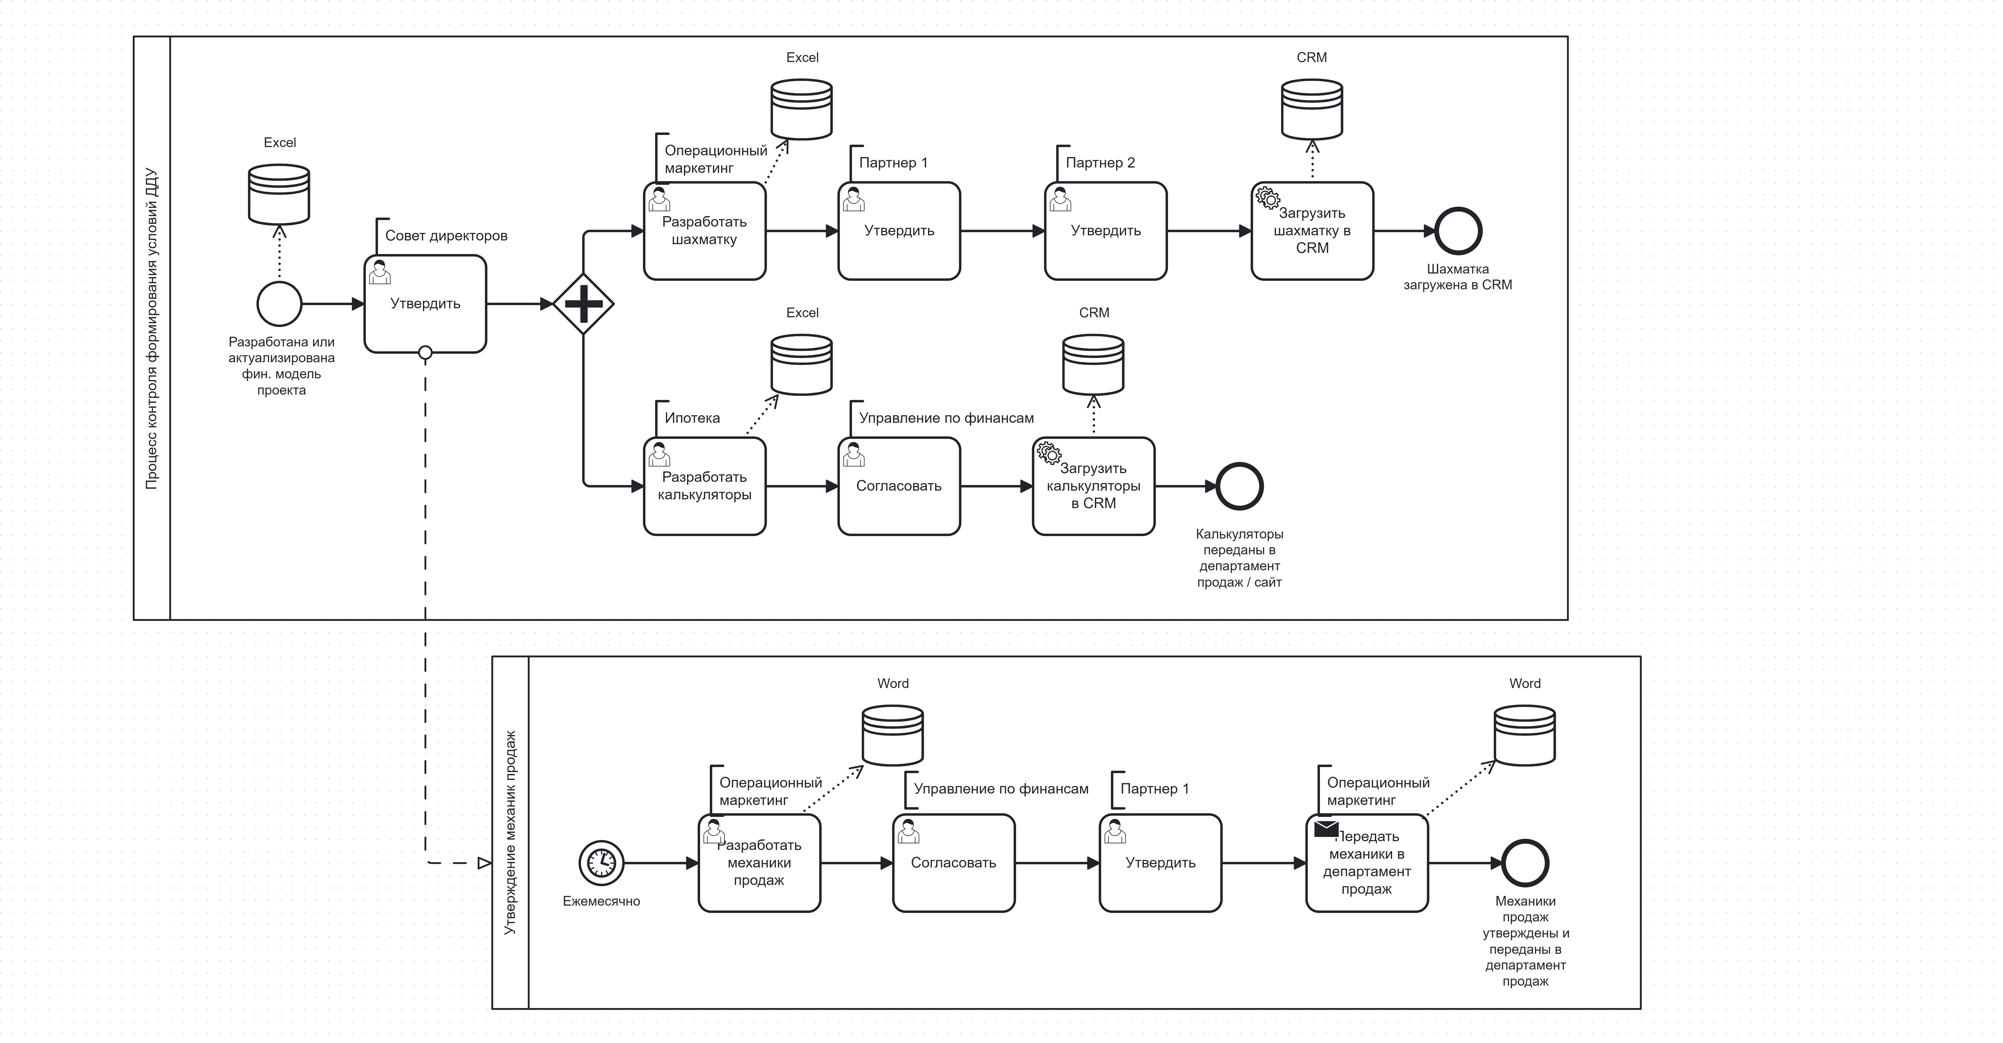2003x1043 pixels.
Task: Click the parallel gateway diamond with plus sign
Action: [x=583, y=304]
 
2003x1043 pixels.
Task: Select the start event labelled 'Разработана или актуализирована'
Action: [x=279, y=304]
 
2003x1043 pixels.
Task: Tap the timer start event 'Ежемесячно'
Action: [x=601, y=863]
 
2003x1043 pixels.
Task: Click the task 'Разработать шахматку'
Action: [x=704, y=231]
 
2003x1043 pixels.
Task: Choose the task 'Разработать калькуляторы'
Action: [x=704, y=486]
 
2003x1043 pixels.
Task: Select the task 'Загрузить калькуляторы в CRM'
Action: [x=1093, y=486]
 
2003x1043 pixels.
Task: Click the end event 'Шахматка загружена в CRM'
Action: [x=1458, y=231]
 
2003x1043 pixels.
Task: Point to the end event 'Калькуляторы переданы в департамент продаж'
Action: [x=1239, y=486]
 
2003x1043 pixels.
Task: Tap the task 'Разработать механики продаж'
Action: [x=759, y=863]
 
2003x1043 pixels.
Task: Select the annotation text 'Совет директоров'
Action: [x=446, y=236]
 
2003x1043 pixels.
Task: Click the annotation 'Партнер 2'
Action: [x=1099, y=163]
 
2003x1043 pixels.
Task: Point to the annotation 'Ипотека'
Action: [x=692, y=418]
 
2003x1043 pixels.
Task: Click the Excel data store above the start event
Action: [x=279, y=194]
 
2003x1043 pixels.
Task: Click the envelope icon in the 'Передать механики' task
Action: [x=1326, y=829]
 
